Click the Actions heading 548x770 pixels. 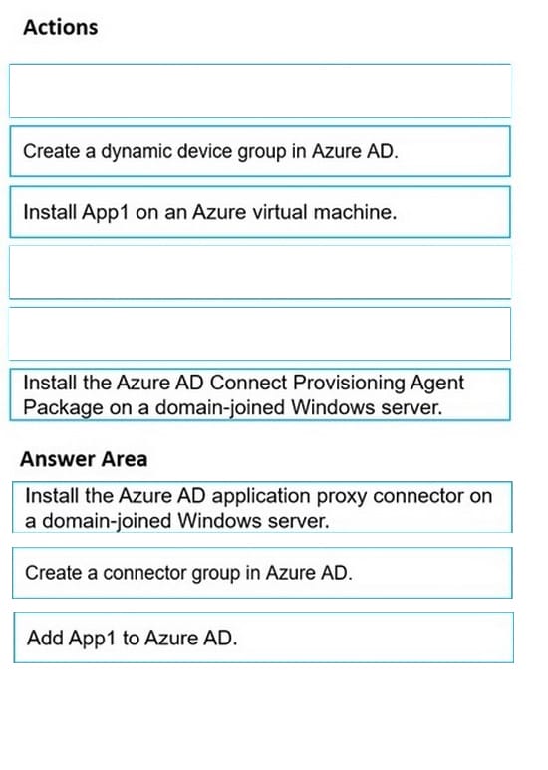tap(61, 27)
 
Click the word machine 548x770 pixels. tap(355, 212)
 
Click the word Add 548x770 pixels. tap(46, 638)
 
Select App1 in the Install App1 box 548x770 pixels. tap(105, 212)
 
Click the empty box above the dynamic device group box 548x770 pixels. tap(260, 91)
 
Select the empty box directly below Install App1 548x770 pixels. tap(260, 272)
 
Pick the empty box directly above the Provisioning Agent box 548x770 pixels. tap(260, 334)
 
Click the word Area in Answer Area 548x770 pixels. tap(125, 459)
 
